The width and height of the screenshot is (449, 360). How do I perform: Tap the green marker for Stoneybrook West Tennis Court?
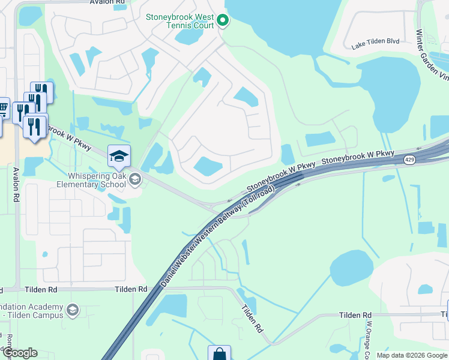(223, 22)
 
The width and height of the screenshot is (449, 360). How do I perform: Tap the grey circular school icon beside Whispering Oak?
(136, 178)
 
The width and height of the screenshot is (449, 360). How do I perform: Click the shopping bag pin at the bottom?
(219, 354)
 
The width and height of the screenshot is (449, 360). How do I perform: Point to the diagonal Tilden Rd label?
(252, 318)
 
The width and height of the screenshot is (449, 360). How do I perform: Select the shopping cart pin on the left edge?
(2, 109)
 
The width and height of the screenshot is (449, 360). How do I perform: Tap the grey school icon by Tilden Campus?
(73, 310)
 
